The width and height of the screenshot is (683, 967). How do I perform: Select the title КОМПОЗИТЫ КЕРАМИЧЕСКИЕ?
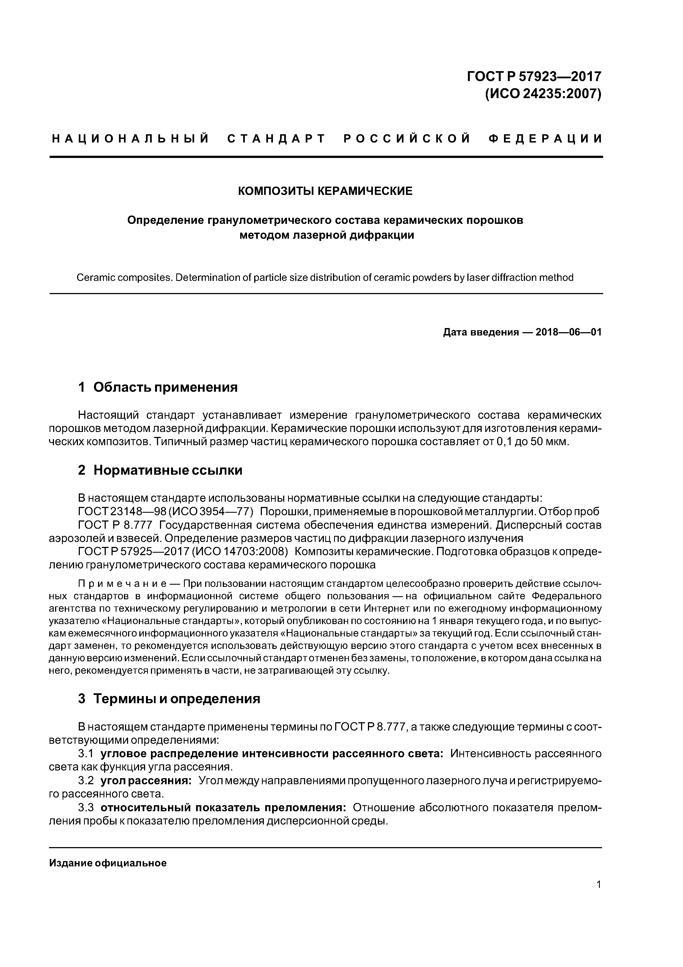pyautogui.click(x=325, y=191)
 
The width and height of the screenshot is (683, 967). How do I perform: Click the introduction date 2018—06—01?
pyautogui.click(x=568, y=332)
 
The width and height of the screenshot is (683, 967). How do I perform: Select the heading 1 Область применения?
pyautogui.click(x=158, y=387)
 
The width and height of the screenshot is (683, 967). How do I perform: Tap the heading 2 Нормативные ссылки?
pyautogui.click(x=160, y=470)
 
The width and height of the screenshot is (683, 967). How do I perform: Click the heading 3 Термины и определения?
pyautogui.click(x=169, y=699)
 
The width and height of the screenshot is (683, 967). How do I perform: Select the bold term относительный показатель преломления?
pyautogui.click(x=223, y=808)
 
